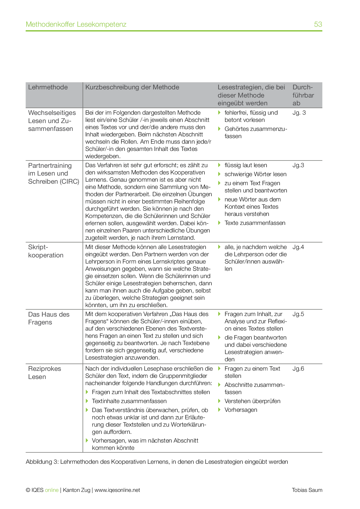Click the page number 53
point(318,24)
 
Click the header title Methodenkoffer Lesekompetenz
point(76,24)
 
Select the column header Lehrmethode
point(48,87)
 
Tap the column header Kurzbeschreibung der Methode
point(132,87)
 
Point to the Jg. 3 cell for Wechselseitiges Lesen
point(299,113)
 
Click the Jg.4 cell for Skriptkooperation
point(298,247)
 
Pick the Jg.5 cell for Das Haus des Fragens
point(298,314)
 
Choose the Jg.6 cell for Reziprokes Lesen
point(298,369)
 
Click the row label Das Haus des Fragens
point(49,318)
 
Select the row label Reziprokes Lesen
point(44,373)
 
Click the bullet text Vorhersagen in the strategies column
point(241,410)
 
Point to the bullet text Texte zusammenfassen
point(255,223)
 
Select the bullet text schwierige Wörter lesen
point(255,174)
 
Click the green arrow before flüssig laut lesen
point(219,165)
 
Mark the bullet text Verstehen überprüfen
point(252,401)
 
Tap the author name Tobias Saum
point(307,490)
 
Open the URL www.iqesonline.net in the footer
point(117,490)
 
